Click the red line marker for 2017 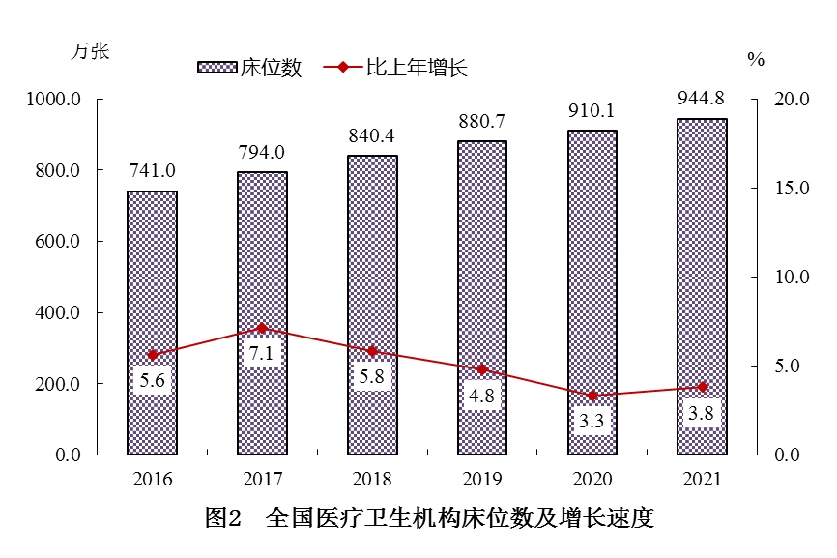pyautogui.click(x=262, y=328)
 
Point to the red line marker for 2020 pyautogui.click(x=592, y=396)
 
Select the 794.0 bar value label pyautogui.click(x=262, y=152)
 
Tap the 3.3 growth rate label pyautogui.click(x=592, y=421)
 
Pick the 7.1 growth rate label pyautogui.click(x=262, y=353)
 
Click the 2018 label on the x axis pyautogui.click(x=372, y=479)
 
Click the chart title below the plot pyautogui.click(x=430, y=518)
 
